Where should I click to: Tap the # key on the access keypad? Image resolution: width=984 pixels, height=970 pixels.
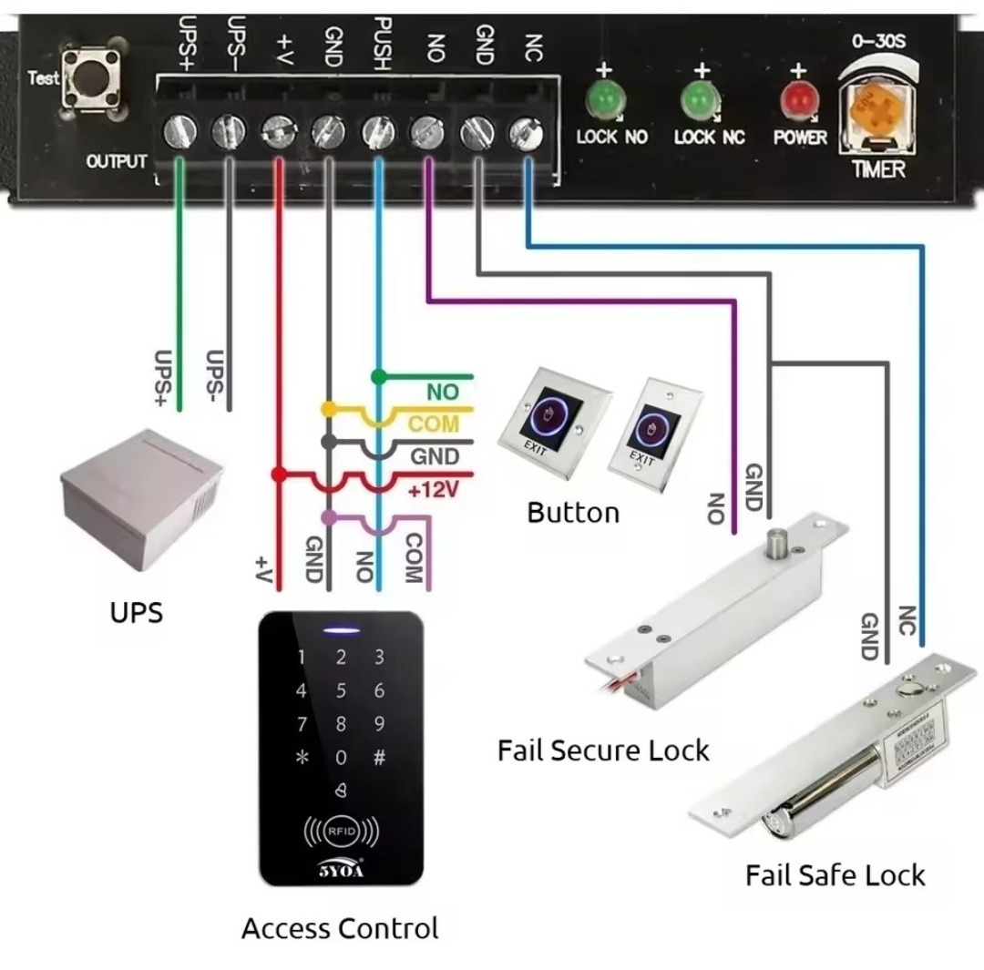(380, 757)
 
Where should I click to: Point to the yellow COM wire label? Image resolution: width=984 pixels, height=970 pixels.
(434, 424)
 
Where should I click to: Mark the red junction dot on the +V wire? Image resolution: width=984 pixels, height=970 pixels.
(280, 475)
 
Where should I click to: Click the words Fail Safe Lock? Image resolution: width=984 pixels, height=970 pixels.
(835, 875)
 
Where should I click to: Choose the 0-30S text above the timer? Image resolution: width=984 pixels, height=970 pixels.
(877, 41)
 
